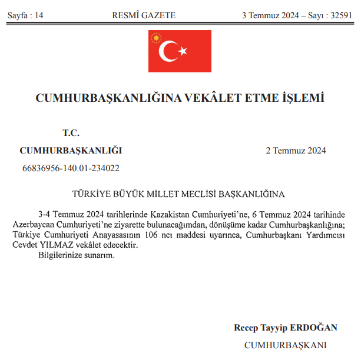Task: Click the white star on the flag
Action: [183, 51]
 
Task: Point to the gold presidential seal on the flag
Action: [156, 39]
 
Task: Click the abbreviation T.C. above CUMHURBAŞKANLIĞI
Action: [71, 134]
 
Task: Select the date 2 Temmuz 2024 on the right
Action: [296, 151]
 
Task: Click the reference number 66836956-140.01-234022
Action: [71, 168]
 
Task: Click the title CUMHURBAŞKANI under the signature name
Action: [285, 345]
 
